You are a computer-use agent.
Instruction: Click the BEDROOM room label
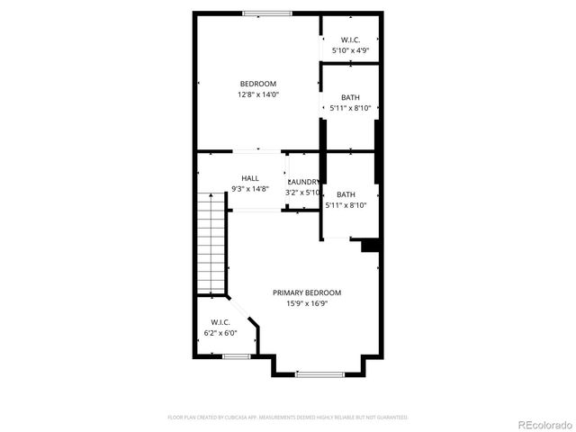[257, 84]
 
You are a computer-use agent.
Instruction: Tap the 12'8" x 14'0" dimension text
[257, 94]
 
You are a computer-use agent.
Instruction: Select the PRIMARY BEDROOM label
[307, 292]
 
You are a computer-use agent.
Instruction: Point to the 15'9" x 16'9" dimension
[307, 303]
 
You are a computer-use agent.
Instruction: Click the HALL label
[249, 178]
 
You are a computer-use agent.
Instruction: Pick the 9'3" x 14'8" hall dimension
[249, 189]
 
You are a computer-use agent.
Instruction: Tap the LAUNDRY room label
[303, 182]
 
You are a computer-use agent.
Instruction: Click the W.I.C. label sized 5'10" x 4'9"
[350, 40]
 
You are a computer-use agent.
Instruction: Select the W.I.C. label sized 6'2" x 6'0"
[220, 322]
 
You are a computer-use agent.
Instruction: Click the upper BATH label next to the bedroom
[350, 97]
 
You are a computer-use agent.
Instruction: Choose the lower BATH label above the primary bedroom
[346, 194]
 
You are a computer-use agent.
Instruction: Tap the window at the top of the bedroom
[266, 13]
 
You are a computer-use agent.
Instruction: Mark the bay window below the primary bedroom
[319, 373]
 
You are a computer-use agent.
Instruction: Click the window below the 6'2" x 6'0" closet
[236, 356]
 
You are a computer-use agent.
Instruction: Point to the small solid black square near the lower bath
[369, 245]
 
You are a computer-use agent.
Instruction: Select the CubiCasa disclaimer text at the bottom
[288, 418]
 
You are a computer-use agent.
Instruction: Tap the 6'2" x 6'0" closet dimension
[220, 333]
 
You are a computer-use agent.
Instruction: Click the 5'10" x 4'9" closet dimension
[350, 50]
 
